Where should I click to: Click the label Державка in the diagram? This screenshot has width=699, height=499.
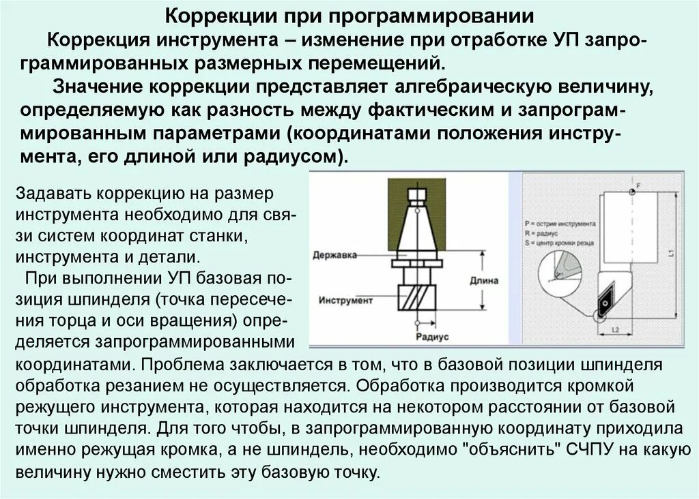[x=334, y=255]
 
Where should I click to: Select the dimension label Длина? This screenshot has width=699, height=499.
[x=485, y=280]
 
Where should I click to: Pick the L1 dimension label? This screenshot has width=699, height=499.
[x=672, y=254]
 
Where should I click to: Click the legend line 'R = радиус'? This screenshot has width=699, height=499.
[x=543, y=232]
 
